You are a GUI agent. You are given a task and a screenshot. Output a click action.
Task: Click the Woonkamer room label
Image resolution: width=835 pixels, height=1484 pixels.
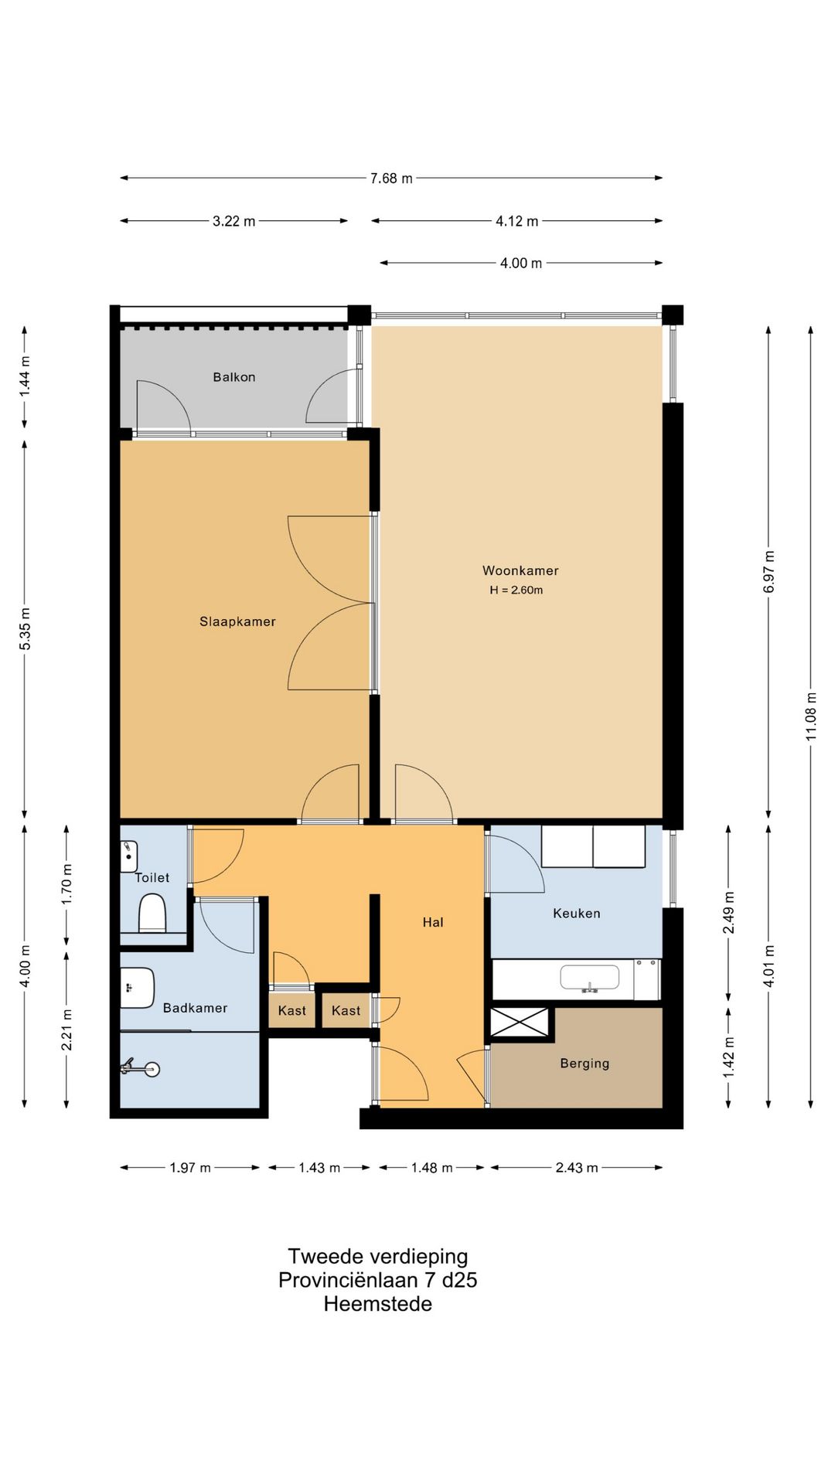520,570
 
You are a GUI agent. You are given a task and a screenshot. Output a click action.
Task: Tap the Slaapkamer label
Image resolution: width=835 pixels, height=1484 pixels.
237,621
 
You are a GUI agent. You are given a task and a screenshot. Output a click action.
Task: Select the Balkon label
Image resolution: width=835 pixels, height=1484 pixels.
234,377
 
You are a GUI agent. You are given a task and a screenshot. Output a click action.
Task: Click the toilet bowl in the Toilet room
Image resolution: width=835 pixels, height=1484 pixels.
152,913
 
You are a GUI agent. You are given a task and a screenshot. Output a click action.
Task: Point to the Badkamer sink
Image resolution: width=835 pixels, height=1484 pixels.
138,988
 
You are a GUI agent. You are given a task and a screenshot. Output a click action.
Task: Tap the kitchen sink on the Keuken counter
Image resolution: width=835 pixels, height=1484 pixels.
590,979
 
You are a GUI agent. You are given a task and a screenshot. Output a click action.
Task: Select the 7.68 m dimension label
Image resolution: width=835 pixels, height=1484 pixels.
391,179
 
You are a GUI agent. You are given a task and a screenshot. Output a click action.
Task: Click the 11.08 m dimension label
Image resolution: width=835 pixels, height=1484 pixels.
811,714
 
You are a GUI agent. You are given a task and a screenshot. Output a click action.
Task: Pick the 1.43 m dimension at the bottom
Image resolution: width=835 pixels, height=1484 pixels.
319,1168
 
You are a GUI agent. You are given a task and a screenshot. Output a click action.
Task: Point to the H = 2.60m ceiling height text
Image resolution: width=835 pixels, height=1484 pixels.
516,590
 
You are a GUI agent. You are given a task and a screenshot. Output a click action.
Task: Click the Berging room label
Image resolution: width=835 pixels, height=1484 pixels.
584,1064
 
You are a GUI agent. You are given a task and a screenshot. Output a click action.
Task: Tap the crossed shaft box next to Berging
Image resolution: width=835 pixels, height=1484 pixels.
520,1022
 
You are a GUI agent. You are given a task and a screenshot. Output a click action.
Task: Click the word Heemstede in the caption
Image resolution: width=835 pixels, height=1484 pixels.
378,1304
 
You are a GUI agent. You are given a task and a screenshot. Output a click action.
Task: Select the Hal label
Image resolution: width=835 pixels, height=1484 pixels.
433,922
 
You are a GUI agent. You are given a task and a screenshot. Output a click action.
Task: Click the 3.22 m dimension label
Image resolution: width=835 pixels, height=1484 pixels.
234,221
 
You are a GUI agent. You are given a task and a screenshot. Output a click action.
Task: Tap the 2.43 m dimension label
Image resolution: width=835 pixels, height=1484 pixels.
577,1168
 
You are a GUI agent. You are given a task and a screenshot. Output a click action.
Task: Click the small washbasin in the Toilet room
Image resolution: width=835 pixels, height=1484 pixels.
129,856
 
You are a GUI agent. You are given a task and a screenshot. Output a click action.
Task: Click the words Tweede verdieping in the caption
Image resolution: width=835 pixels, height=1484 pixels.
378,1257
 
